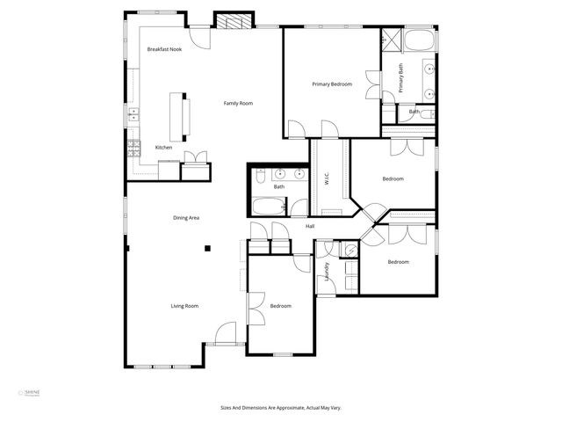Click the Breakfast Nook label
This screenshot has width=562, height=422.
(x=164, y=49)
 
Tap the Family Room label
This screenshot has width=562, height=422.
(x=238, y=104)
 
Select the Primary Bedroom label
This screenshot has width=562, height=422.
(x=332, y=84)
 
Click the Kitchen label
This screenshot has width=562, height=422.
(x=164, y=147)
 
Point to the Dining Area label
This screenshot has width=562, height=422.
(x=186, y=217)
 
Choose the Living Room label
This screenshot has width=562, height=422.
(x=184, y=306)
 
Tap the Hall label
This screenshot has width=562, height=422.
(x=310, y=227)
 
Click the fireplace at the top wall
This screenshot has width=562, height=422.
(x=234, y=22)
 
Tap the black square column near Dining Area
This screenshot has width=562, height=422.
(x=207, y=249)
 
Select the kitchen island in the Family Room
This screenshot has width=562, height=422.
(x=185, y=117)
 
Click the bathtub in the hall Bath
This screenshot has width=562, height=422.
(x=268, y=207)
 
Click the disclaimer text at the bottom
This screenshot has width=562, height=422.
(x=281, y=407)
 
